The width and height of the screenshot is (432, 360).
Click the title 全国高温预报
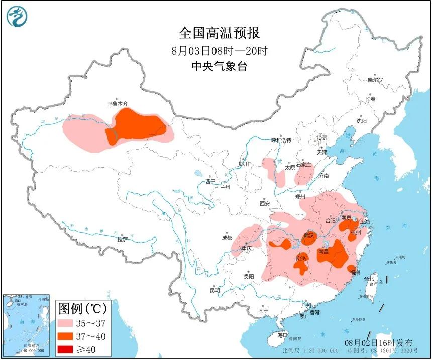click(219, 33)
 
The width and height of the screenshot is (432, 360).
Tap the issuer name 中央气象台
click(219, 66)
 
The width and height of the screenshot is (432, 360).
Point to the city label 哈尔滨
click(375, 80)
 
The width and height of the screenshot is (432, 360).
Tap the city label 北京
click(321, 137)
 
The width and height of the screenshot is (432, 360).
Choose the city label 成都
click(227, 238)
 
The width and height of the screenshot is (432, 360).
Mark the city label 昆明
click(214, 290)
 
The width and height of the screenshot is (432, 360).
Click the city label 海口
click(283, 335)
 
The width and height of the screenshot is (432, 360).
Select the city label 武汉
click(308, 235)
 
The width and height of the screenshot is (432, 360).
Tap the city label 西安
click(265, 204)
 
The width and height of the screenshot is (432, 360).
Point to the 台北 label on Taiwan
click(369, 278)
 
